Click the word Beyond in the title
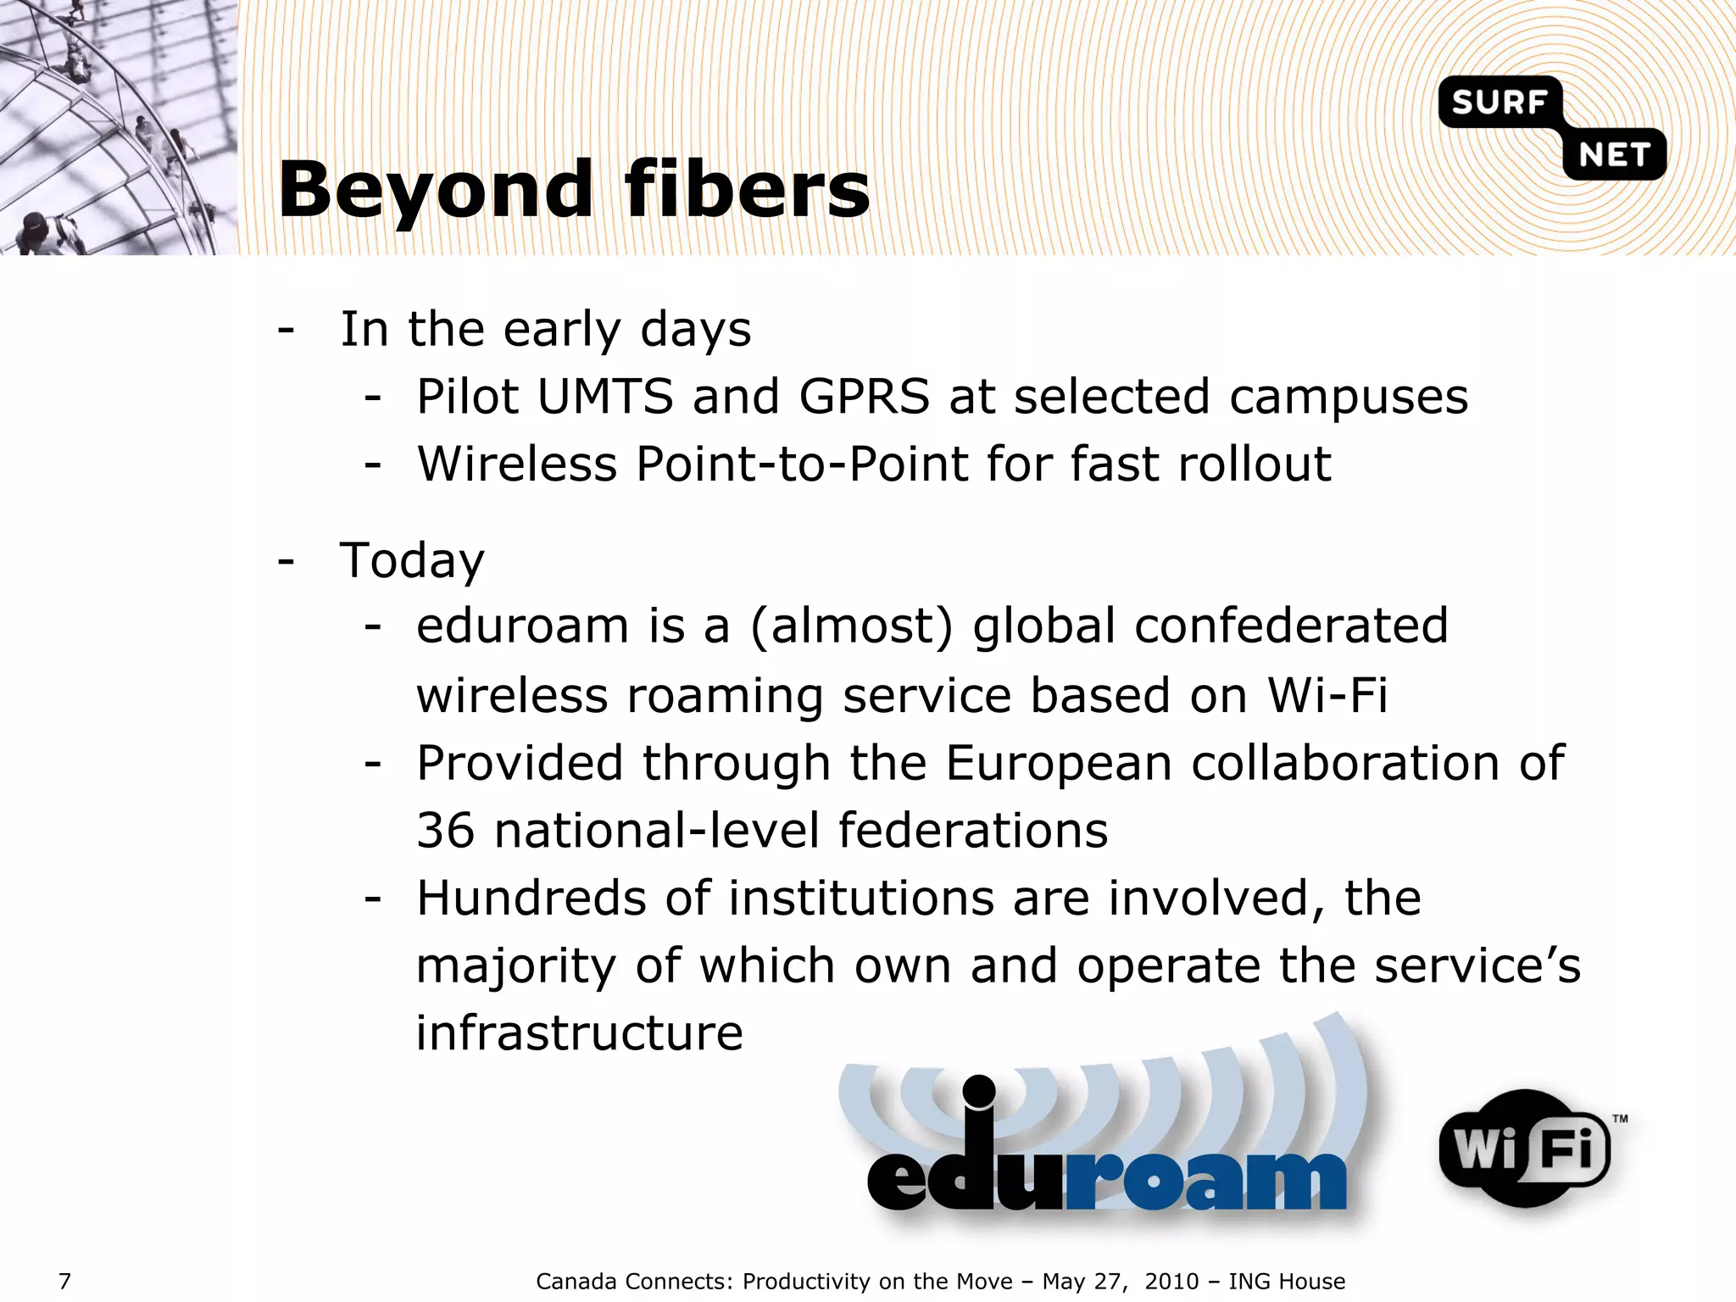[436, 191]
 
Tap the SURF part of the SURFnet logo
[1500, 103]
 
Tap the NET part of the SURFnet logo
[1614, 155]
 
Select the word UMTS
[605, 397]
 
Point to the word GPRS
[864, 397]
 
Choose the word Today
[412, 560]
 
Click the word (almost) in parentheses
[851, 626]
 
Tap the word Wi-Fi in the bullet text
[1327, 695]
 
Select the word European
[1059, 763]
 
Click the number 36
[445, 830]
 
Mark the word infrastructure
[579, 1033]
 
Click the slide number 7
[64, 1281]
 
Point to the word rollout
[1254, 464]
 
